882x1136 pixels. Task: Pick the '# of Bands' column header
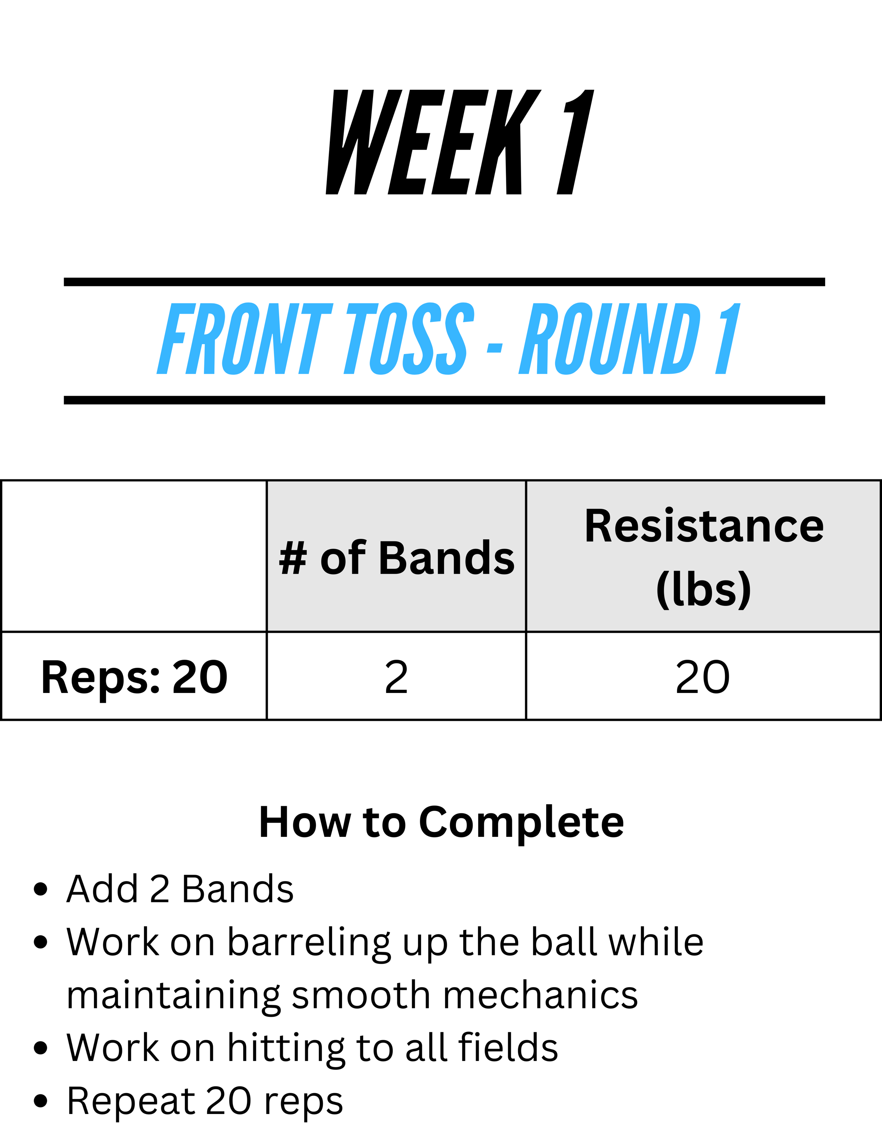(396, 558)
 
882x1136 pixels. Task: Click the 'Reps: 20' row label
(134, 677)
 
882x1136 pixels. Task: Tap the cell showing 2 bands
(396, 677)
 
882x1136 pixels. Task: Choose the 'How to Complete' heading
(442, 822)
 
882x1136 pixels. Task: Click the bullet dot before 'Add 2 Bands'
(41, 889)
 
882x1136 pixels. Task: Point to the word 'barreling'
(309, 944)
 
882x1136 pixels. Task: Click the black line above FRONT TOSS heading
(445, 282)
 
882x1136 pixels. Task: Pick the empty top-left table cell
(134, 556)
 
